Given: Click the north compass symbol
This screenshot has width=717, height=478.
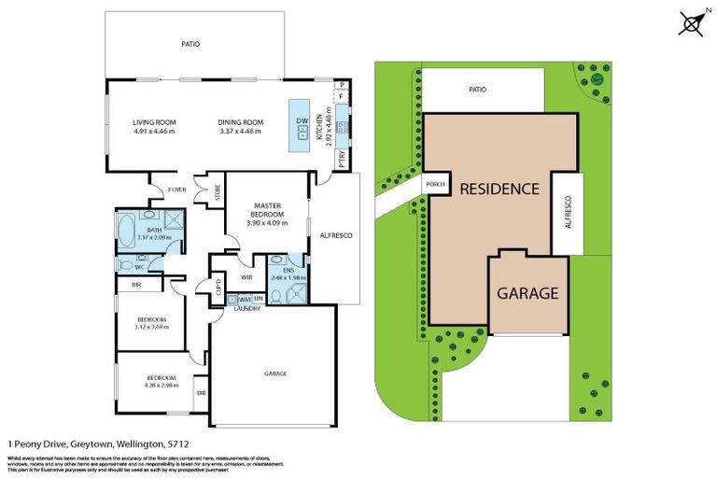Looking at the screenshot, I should pyautogui.click(x=692, y=22).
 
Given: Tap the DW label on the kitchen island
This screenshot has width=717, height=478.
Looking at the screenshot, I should pyautogui.click(x=302, y=122).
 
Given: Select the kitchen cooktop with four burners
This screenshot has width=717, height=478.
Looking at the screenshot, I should pyautogui.click(x=343, y=128).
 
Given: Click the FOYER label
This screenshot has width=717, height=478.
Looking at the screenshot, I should pyautogui.click(x=176, y=190).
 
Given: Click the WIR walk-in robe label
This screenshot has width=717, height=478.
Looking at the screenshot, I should pyautogui.click(x=247, y=277).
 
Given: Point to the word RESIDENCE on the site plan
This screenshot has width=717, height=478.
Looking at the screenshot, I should pyautogui.click(x=499, y=189).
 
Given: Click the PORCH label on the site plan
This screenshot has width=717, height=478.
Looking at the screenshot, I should pyautogui.click(x=436, y=184).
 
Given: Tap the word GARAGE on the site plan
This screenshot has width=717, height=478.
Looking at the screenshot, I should pyautogui.click(x=527, y=292).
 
